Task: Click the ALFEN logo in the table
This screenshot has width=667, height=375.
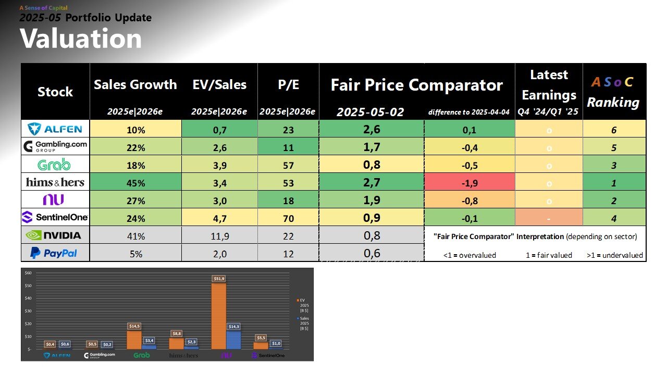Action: [55, 129]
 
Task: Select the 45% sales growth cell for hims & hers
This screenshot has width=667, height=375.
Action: [135, 182]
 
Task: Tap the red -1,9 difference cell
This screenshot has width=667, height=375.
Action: [470, 182]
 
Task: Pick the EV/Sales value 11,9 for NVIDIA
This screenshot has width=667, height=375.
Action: [219, 235]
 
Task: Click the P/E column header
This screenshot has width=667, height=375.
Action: [288, 85]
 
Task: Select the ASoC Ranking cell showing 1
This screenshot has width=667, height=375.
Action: [614, 183]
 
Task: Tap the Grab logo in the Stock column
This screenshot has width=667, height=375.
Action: [55, 165]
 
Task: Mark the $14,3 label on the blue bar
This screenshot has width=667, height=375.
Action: [233, 326]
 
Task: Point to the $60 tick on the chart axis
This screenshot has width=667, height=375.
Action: [28, 273]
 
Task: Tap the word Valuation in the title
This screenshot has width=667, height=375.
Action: [81, 39]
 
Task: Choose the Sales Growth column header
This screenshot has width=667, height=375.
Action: [135, 85]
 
